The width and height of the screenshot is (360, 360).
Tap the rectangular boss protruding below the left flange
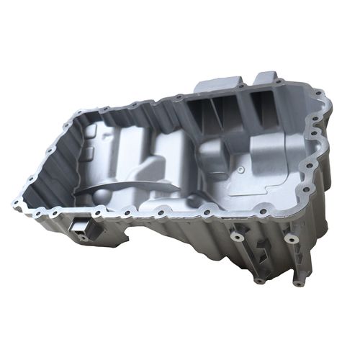80,230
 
